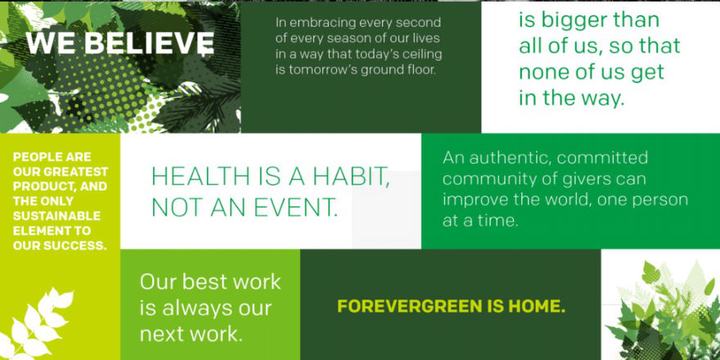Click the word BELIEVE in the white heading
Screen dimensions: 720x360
pos(149,43)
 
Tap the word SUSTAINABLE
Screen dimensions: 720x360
pos(56,216)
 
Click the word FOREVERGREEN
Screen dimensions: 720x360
pos(410,306)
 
